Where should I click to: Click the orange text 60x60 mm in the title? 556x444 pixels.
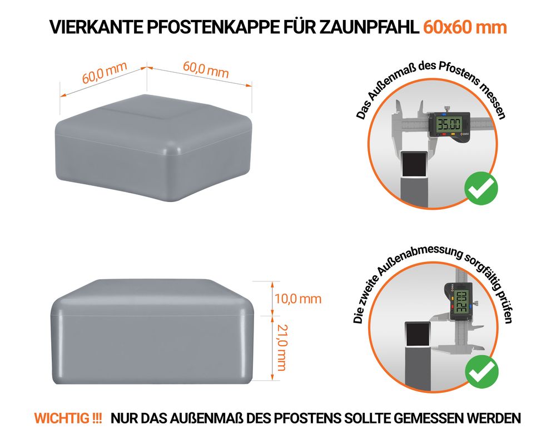(x=465, y=27)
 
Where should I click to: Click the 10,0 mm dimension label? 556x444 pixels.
(x=298, y=299)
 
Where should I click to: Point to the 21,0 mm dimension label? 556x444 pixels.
(x=281, y=347)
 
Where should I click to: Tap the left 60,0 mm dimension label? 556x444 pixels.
(x=105, y=73)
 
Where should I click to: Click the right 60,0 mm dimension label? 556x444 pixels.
(x=206, y=69)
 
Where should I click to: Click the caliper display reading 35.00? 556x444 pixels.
(x=449, y=125)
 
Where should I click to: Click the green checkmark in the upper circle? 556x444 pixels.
(x=481, y=188)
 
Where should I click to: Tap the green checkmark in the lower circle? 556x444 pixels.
(x=481, y=371)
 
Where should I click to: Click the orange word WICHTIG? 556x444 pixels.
(x=63, y=418)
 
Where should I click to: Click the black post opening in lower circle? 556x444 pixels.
(x=418, y=335)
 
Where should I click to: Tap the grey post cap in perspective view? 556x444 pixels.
(x=153, y=148)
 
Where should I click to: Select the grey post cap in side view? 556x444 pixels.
(x=152, y=331)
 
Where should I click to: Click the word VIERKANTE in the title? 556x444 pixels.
(x=96, y=27)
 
